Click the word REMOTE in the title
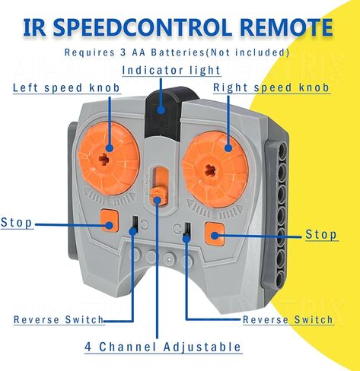point(286,27)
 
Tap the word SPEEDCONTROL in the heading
point(142,27)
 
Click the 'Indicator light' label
point(171,70)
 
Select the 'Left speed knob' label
point(66,88)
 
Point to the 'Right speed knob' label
point(271,87)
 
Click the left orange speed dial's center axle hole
point(104,160)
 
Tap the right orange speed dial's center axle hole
point(210,170)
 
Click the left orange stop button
point(110,220)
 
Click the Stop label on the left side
point(17,222)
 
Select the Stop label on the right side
point(321,234)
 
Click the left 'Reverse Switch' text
point(59,319)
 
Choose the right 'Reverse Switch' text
point(288,319)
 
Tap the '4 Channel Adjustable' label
point(163,347)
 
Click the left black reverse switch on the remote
point(135,224)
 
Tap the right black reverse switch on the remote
point(187,230)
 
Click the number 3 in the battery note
point(122,52)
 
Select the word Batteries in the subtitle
point(177,52)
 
